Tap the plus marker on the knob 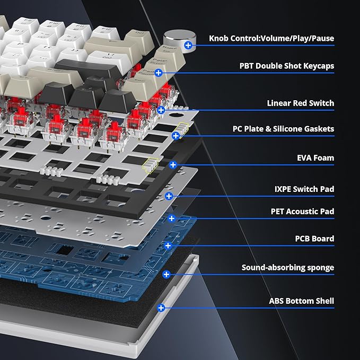pyautogui.click(x=188, y=45)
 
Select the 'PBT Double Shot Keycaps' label pyautogui.click(x=287, y=66)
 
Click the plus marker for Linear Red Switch pyautogui.click(x=161, y=110)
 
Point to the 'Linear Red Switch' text pyautogui.click(x=300, y=103)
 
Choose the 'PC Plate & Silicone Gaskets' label pyautogui.click(x=283, y=128)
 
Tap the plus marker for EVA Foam pyautogui.click(x=173, y=164)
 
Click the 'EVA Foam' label pyautogui.click(x=315, y=157)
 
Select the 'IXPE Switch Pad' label pyautogui.click(x=304, y=189)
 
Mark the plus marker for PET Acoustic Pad pyautogui.click(x=171, y=218)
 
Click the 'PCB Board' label pyautogui.click(x=314, y=239)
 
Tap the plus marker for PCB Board pyautogui.click(x=168, y=245)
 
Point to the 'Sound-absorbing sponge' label pyautogui.click(x=288, y=267)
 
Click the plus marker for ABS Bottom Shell pyautogui.click(x=161, y=308)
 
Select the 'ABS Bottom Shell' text pyautogui.click(x=302, y=301)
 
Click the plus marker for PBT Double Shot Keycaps pyautogui.click(x=159, y=73)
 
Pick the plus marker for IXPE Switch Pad pyautogui.click(x=169, y=196)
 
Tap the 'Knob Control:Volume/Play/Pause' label pyautogui.click(x=271, y=38)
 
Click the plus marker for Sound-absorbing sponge pyautogui.click(x=166, y=274)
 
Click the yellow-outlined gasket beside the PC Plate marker pyautogui.click(x=183, y=129)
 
